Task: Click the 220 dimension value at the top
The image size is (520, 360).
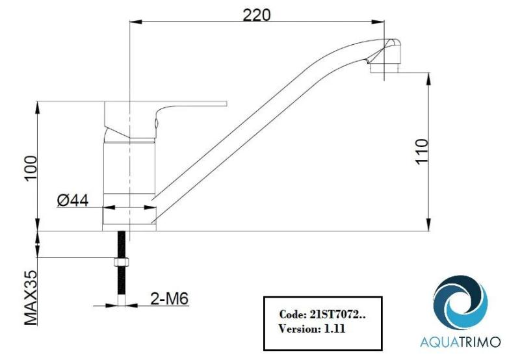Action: [257, 14]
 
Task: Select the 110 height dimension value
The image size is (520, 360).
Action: [422, 153]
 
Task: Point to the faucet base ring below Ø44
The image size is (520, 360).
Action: [129, 217]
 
